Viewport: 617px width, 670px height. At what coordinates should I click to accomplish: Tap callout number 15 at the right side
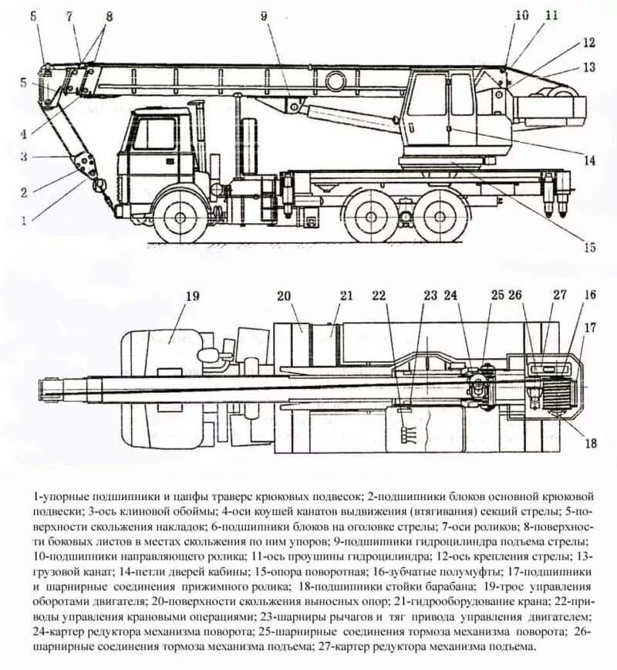pos(589,248)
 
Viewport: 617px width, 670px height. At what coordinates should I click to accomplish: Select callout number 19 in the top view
pos(193,295)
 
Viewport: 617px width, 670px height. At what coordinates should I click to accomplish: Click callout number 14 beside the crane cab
pos(589,161)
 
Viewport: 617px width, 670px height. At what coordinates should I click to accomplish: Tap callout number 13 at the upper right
pos(589,67)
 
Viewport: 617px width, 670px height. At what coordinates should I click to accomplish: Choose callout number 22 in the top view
pos(378,295)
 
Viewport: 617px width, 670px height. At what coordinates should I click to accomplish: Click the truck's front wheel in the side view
pos(181,217)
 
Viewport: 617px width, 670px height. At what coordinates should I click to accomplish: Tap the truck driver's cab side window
pos(156,135)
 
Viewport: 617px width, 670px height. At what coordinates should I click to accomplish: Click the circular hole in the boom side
pos(335,80)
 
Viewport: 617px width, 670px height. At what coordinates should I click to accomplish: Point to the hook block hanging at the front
pos(99,185)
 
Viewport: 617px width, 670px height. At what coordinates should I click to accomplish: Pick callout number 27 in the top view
pos(558,295)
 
